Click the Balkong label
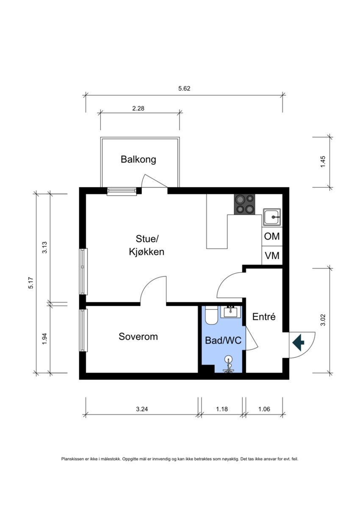coord(138,160)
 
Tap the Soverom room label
coord(138,337)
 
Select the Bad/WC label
coord(223,340)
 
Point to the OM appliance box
coord(272,237)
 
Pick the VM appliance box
coord(272,256)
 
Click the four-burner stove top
coord(244,204)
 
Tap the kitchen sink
coord(272,217)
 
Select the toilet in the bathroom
coord(211,315)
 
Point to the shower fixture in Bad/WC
coord(229,365)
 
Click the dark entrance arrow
coord(298,342)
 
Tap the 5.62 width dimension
coord(184,89)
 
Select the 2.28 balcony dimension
coord(138,108)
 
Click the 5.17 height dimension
coord(31,283)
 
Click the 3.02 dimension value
coord(323,320)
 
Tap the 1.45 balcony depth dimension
coord(323,162)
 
